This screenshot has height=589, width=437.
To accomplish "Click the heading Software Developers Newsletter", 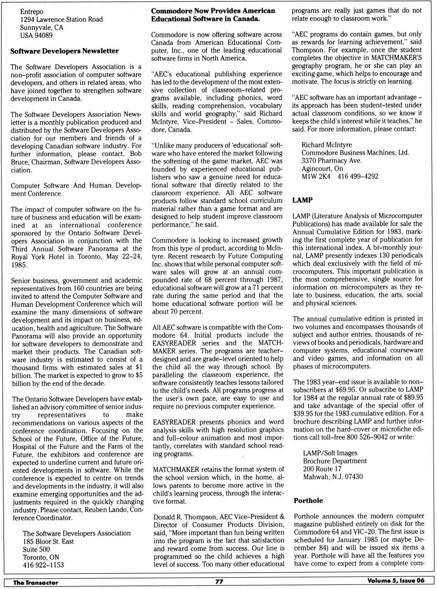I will tap(65, 51).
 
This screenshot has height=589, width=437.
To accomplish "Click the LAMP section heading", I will tap(302, 200).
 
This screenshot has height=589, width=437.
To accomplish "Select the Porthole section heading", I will tap(308, 500).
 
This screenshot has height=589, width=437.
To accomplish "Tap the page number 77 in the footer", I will tap(219, 581).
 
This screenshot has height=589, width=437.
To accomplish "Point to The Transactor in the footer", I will tap(36, 583).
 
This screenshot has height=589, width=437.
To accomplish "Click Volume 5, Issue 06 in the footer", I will tap(396, 581).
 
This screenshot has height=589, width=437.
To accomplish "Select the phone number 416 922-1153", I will tap(43, 565).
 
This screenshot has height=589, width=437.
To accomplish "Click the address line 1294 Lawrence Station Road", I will tap(61, 20).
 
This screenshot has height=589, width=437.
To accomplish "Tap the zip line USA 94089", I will tap(36, 35).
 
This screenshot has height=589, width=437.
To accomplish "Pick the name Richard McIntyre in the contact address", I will tap(326, 145).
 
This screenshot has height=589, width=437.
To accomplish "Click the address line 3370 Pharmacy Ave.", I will tap(331, 160).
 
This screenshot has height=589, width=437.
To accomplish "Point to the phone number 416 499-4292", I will tap(358, 176).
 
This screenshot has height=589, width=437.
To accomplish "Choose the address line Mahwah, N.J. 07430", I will tap(333, 477).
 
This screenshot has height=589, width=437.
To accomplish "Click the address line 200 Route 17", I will tap(322, 469).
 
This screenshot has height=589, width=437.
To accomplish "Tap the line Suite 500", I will tap(36, 549).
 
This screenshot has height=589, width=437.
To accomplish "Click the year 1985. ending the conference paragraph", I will tap(20, 265).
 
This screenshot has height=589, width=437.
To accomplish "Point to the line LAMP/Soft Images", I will tap(330, 453).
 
